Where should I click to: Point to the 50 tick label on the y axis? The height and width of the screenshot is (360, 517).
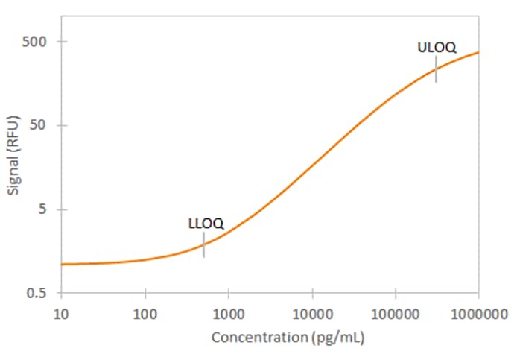tap(41, 125)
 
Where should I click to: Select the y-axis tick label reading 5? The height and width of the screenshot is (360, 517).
tap(44, 209)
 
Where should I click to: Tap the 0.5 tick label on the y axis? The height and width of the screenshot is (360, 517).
tap(39, 293)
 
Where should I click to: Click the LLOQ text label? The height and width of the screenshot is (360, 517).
tap(206, 223)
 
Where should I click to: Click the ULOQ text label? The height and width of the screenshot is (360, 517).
tap(437, 48)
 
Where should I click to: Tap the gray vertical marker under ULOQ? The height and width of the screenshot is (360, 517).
tap(437, 69)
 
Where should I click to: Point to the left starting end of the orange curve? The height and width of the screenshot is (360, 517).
tap(62, 264)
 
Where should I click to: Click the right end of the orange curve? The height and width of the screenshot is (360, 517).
tap(478, 52)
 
